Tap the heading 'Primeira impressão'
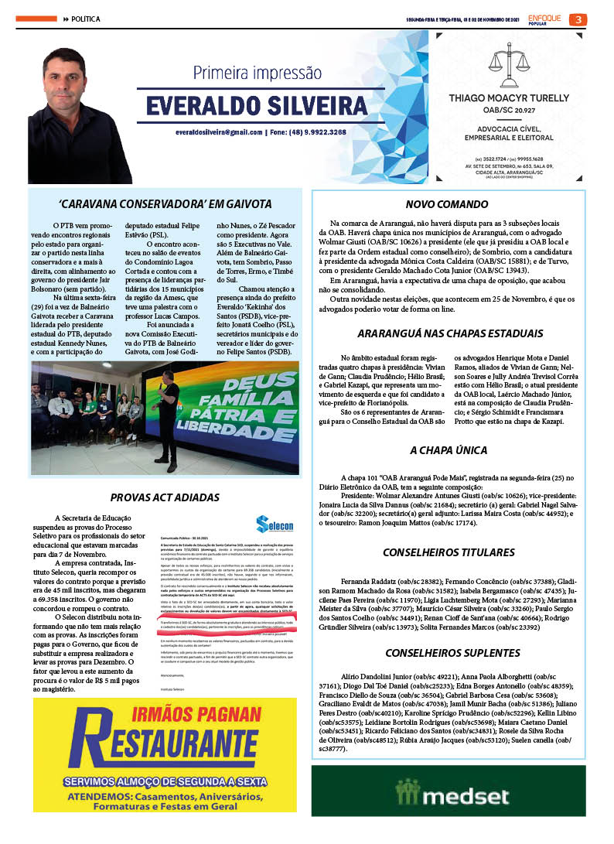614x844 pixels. click(257, 73)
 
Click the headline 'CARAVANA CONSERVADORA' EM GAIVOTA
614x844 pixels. click(165, 204)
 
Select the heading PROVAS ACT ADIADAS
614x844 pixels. click(165, 497)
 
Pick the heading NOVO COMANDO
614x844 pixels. click(449, 204)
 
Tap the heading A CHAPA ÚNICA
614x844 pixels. click(449, 450)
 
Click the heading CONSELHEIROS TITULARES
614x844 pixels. click(449, 552)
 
